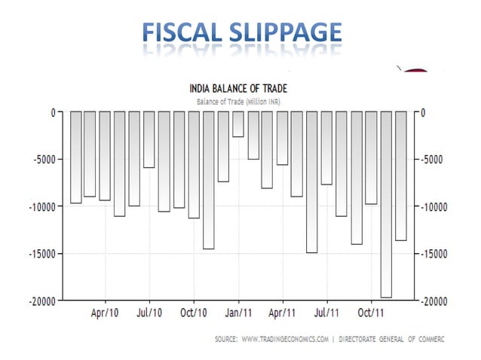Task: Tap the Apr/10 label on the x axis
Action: (105, 312)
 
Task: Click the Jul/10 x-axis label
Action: (149, 312)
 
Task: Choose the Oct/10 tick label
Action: (194, 312)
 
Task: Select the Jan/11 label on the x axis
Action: (238, 312)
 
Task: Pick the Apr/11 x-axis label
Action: (282, 312)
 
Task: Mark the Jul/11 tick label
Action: (326, 312)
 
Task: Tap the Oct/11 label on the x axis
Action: (370, 312)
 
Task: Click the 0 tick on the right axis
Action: (424, 113)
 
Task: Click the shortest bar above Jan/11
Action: (238, 124)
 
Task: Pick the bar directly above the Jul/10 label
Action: (149, 140)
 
